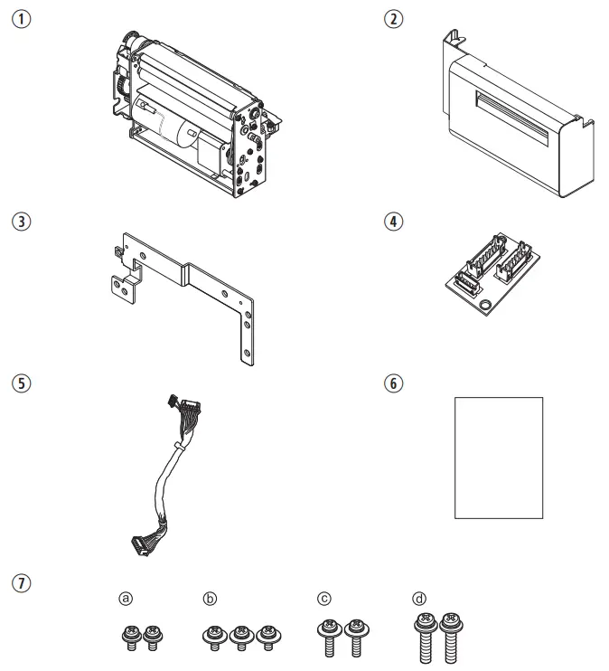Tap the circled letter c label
(323, 598)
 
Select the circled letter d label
(417, 598)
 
